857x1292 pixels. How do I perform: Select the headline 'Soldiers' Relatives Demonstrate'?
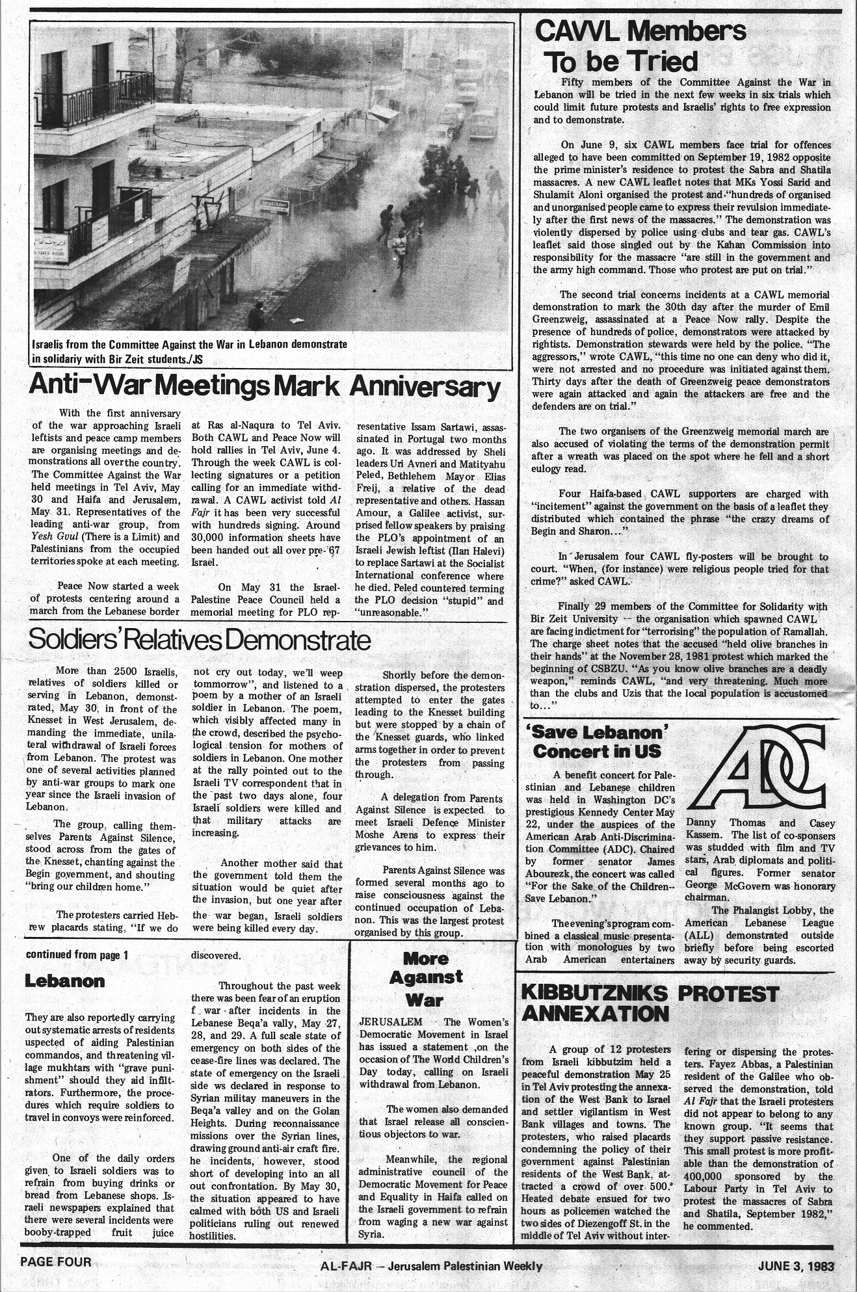200,640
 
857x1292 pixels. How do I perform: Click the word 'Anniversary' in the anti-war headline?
426,388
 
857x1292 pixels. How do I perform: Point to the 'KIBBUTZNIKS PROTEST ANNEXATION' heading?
650,1003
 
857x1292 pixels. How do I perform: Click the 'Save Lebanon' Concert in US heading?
596,742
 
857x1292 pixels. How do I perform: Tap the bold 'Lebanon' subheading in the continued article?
64,981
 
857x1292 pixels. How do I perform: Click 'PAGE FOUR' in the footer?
56,1261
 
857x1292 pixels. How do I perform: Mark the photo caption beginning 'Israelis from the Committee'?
189,350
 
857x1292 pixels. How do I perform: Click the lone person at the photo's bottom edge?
258,316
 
